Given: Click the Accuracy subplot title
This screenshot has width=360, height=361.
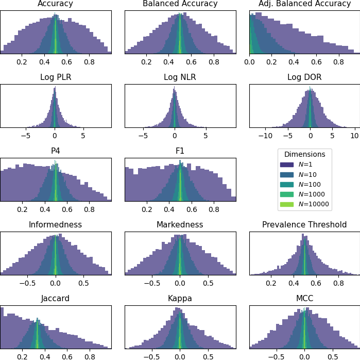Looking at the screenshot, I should pos(56,4).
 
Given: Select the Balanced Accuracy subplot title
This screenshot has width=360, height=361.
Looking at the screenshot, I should pos(180,4).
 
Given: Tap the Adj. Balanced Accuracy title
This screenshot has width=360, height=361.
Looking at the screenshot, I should pos(304,4).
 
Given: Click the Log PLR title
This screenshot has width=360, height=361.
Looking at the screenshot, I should pos(56,78).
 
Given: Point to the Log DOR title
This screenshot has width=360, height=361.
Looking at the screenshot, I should pos(304,78).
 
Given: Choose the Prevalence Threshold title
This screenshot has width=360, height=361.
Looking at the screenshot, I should pos(304,225).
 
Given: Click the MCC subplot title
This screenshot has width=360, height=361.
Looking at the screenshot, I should pos(304,299).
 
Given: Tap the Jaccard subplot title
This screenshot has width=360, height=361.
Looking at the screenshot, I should pos(56,299).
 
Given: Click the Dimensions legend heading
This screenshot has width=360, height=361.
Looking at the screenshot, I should pos(304,154).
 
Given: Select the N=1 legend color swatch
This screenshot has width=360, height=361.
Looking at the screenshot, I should pos(287,165).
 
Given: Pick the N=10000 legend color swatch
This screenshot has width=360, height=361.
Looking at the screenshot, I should pos(287,205).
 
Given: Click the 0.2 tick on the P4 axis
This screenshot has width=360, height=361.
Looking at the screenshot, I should pos(22,210).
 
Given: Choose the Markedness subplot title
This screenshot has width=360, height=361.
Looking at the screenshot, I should pos(180,225).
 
